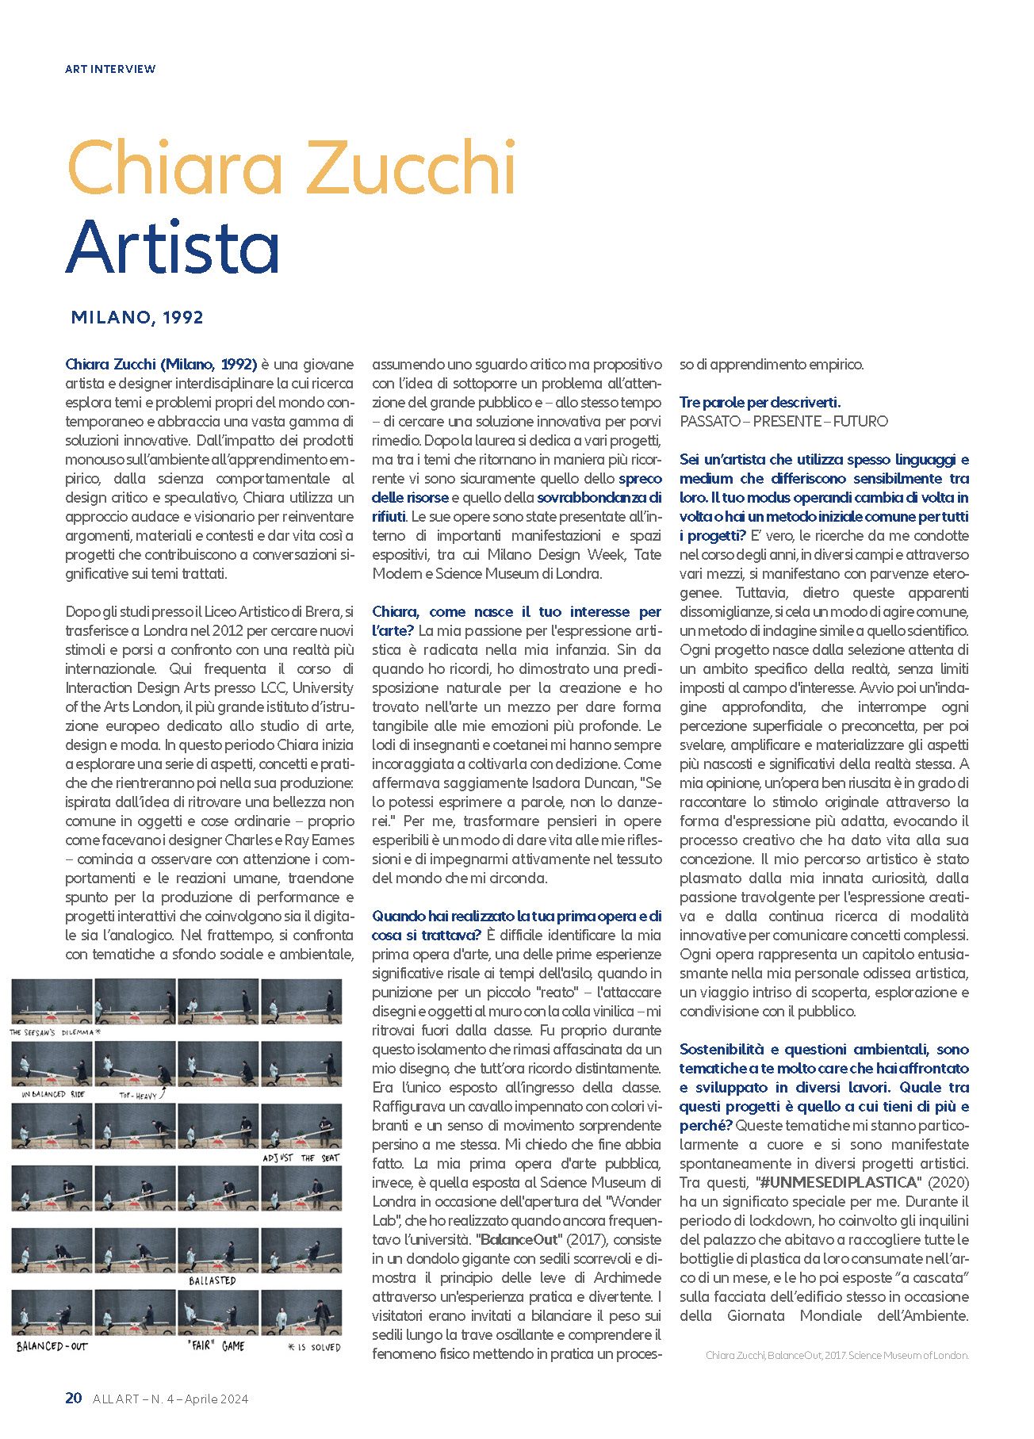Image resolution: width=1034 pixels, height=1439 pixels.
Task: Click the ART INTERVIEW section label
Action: (x=110, y=69)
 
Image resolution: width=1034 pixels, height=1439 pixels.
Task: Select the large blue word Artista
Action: (x=173, y=246)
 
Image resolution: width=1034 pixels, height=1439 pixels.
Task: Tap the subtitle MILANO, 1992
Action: (x=137, y=317)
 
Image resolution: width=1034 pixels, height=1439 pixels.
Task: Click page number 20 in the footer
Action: (x=74, y=1398)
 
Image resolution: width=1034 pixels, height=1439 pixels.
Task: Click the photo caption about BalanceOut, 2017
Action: (x=837, y=1355)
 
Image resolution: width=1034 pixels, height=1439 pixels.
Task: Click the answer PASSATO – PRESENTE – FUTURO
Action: (x=783, y=421)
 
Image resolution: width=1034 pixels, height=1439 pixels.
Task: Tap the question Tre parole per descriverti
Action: (x=760, y=402)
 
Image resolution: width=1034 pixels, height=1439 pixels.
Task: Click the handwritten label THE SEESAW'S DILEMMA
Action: (x=55, y=1032)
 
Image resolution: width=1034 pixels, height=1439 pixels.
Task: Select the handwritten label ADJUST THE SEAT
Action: (x=301, y=1158)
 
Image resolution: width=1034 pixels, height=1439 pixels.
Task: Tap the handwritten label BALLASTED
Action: (x=212, y=1280)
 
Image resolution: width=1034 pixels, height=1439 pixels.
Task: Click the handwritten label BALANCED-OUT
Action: (x=52, y=1346)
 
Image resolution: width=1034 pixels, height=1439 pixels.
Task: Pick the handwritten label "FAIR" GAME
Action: (x=216, y=1345)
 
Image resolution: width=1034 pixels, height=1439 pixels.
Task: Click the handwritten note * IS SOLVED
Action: (x=314, y=1347)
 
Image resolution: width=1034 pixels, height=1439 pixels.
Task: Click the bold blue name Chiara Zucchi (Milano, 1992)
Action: (x=161, y=364)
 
